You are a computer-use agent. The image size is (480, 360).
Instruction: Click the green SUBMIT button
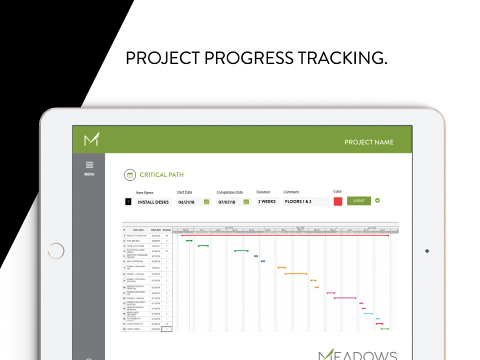(x=359, y=201)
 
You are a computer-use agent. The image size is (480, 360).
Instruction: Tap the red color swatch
(x=338, y=201)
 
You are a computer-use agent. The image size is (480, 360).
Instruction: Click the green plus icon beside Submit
(x=377, y=200)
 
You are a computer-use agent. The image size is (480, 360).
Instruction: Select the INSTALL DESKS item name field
(x=153, y=202)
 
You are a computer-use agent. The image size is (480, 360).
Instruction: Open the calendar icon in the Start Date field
(x=206, y=202)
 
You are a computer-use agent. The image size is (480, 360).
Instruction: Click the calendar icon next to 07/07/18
(x=246, y=202)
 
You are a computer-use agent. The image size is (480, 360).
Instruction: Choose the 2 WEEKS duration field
(x=267, y=201)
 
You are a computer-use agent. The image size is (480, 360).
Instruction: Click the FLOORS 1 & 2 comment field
(x=305, y=201)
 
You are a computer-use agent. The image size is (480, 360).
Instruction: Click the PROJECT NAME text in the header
(x=368, y=142)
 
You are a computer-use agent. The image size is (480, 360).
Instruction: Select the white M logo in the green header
(x=91, y=139)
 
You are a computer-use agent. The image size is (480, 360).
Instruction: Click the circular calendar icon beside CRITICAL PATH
(x=130, y=174)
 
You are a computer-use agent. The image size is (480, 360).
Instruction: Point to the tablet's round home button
(x=56, y=251)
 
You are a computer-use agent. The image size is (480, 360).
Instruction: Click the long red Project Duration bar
(x=285, y=235)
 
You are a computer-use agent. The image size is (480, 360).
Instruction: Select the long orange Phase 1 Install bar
(x=295, y=273)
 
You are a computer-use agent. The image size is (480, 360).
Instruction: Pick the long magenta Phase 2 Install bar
(x=345, y=298)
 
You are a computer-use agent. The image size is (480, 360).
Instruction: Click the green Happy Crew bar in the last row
(x=384, y=328)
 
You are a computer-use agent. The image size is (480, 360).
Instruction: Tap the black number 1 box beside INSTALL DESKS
(x=128, y=202)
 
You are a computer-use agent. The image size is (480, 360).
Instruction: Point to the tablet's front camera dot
(x=426, y=251)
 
